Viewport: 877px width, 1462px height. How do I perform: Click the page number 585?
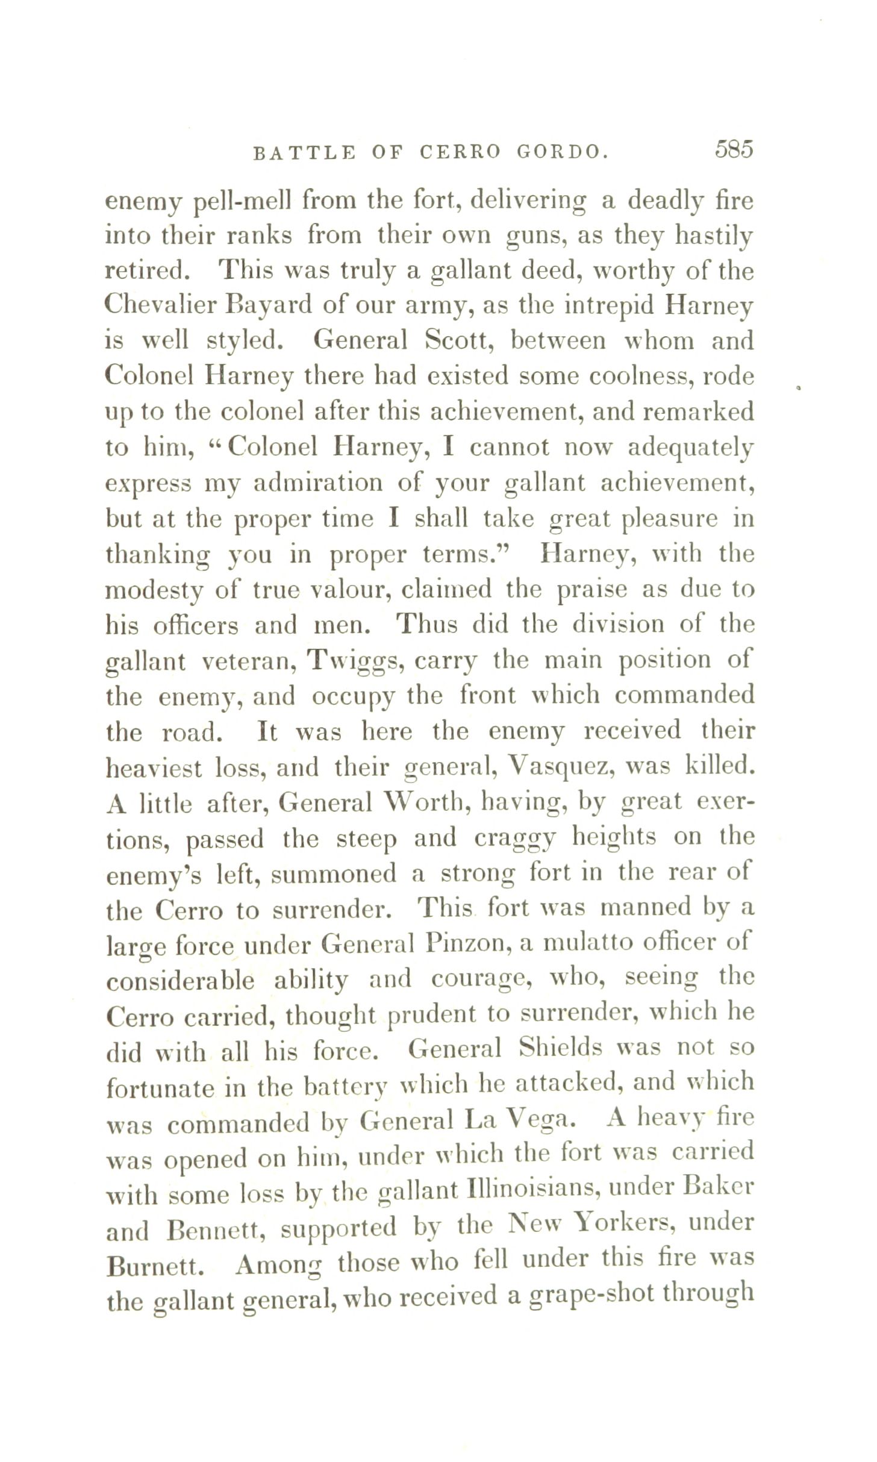click(734, 149)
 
